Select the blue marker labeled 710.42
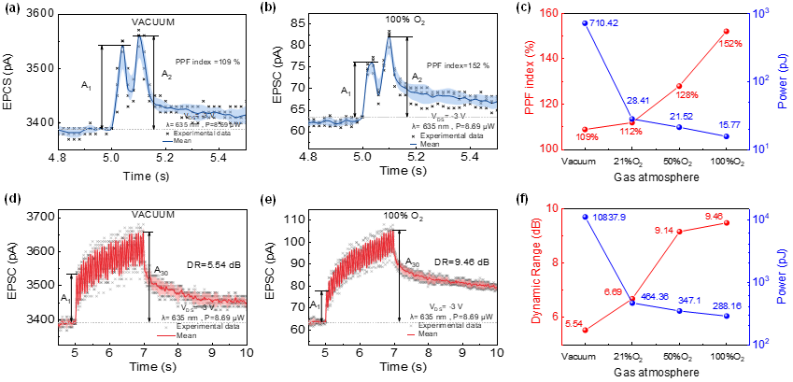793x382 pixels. pos(585,22)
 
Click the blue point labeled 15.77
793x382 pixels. pos(726,136)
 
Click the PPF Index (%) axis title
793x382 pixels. pos(531,80)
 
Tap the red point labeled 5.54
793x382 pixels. pos(586,330)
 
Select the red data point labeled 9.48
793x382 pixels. pos(726,223)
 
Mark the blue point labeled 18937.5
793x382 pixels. pos(585,217)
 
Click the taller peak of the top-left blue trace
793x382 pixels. pos(140,38)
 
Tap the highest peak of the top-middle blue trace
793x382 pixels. pos(388,40)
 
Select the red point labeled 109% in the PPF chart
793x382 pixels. pos(586,129)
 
